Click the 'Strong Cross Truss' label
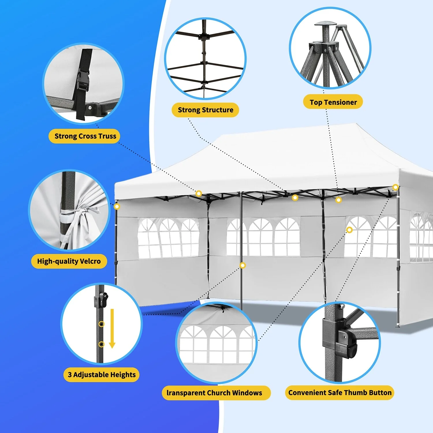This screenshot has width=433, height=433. (x=85, y=136)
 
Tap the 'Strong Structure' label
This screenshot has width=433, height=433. (x=205, y=110)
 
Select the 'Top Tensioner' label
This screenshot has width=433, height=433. (x=333, y=102)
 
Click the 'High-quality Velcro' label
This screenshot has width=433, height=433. (x=69, y=261)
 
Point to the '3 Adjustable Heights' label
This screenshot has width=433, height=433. (x=102, y=375)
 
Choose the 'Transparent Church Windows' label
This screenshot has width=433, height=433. (x=214, y=393)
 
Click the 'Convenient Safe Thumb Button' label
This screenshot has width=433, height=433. (x=340, y=393)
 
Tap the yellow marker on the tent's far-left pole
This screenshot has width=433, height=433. (x=117, y=206)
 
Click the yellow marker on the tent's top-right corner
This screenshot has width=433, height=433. (x=395, y=187)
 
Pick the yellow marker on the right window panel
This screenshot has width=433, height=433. (x=350, y=230)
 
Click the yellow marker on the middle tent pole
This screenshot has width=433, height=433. (x=243, y=265)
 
